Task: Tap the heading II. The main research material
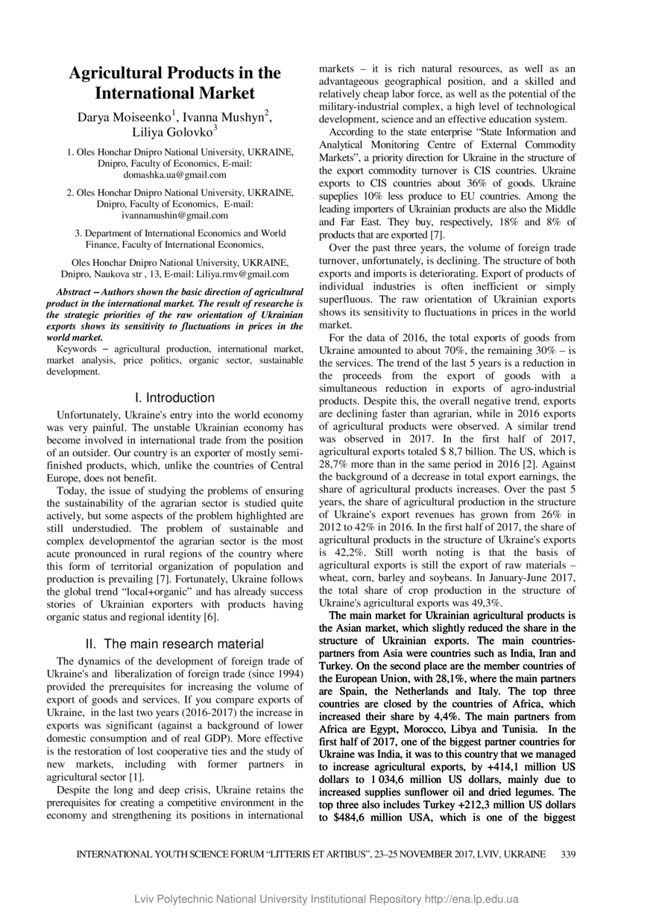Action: pyautogui.click(x=174, y=643)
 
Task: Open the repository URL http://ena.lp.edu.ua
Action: pyautogui.click(x=471, y=900)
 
